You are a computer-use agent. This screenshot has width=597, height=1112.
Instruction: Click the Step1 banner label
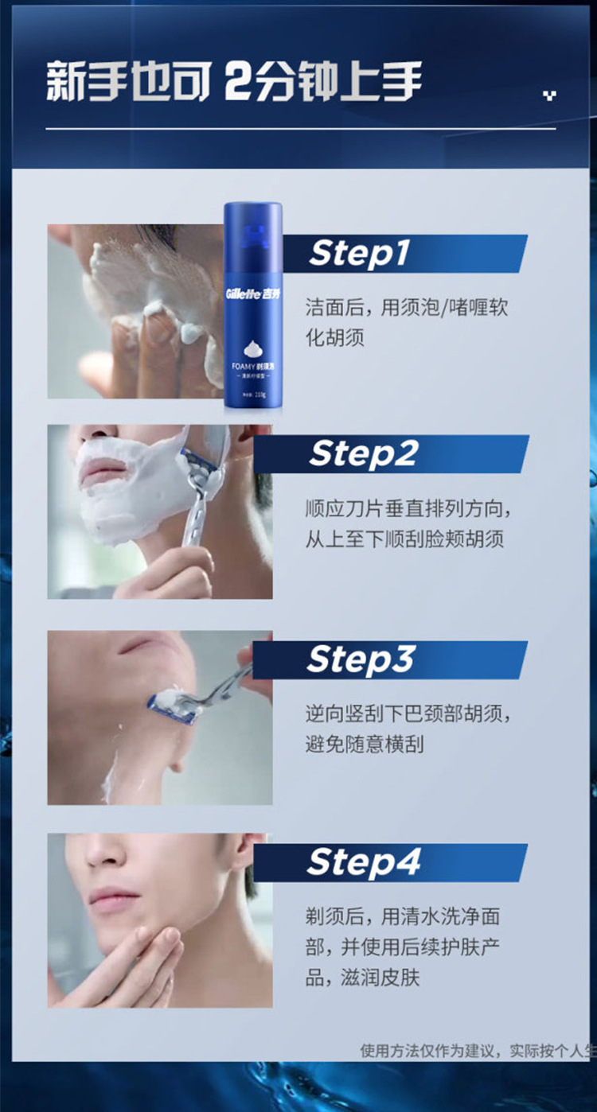pos(360,254)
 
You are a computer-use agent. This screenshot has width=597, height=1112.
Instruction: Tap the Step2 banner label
pos(363,454)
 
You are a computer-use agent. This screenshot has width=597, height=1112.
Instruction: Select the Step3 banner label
pos(361,660)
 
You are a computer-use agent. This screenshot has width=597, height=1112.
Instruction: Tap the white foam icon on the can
pos(252,348)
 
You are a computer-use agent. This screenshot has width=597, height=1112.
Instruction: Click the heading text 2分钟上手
pos(323,83)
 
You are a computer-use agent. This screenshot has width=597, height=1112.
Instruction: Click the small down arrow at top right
pos(548,96)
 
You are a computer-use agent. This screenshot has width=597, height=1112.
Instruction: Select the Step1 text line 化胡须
pos(335,337)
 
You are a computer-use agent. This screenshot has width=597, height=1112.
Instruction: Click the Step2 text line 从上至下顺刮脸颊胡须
pos(405,539)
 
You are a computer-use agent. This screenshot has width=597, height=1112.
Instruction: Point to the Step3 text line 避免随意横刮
pos(365,745)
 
